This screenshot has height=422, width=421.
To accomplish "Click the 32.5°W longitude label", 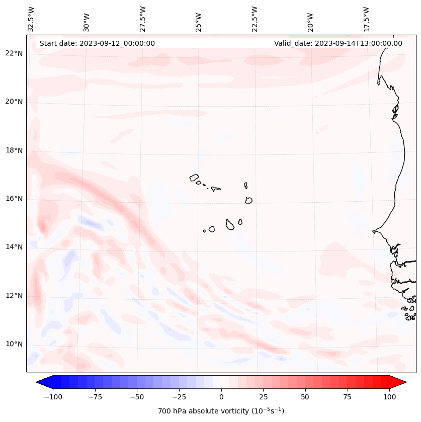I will pyautogui.click(x=31, y=19).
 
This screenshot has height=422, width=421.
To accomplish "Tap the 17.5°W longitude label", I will pyautogui.click(x=366, y=19).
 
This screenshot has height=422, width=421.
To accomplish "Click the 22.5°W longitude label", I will pyautogui.click(x=255, y=19).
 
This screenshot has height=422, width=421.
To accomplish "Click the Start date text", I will pyautogui.click(x=97, y=43).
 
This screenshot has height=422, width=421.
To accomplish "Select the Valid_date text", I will pyautogui.click(x=338, y=43).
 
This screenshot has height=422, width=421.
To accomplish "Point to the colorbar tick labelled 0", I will pyautogui.click(x=221, y=397).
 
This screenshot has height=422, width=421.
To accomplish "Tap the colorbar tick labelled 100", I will pyautogui.click(x=390, y=397).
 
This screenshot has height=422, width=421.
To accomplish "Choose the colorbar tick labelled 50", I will pyautogui.click(x=305, y=397).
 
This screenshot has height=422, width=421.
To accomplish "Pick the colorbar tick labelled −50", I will pyautogui.click(x=137, y=397).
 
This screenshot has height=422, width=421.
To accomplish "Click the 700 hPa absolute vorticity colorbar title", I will pyautogui.click(x=221, y=411).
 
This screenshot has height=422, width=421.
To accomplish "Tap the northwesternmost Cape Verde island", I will pyautogui.click(x=194, y=177).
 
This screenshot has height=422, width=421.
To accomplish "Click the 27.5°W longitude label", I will pyautogui.click(x=143, y=19).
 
